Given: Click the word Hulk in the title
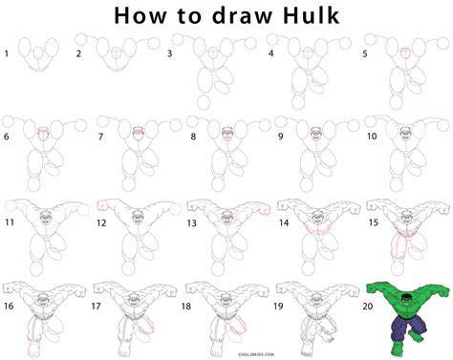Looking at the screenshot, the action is pyautogui.click(x=312, y=15).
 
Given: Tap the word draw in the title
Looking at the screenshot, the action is pyautogui.click(x=242, y=15).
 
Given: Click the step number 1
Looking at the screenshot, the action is pyautogui.click(x=7, y=53).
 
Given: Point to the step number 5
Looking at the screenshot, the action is pyautogui.click(x=365, y=53).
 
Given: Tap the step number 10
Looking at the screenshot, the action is pyautogui.click(x=372, y=137).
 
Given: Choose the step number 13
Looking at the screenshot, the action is pyautogui.click(x=192, y=223).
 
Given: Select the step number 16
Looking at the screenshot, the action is pyautogui.click(x=9, y=306).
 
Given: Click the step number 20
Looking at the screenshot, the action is pyautogui.click(x=368, y=306).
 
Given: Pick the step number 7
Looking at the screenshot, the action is pyautogui.click(x=100, y=137).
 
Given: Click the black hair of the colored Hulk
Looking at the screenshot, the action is pyautogui.click(x=405, y=297).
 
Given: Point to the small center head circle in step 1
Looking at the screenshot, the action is pyautogui.click(x=38, y=53).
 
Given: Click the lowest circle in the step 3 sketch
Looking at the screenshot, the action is pyautogui.click(x=204, y=102).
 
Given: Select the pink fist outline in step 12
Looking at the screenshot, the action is pyautogui.click(x=102, y=205).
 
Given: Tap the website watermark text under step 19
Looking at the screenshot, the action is pyautogui.click(x=256, y=354).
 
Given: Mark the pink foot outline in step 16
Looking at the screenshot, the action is pyautogui.click(x=32, y=349).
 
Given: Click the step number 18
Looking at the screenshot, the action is pyautogui.click(x=186, y=306).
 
